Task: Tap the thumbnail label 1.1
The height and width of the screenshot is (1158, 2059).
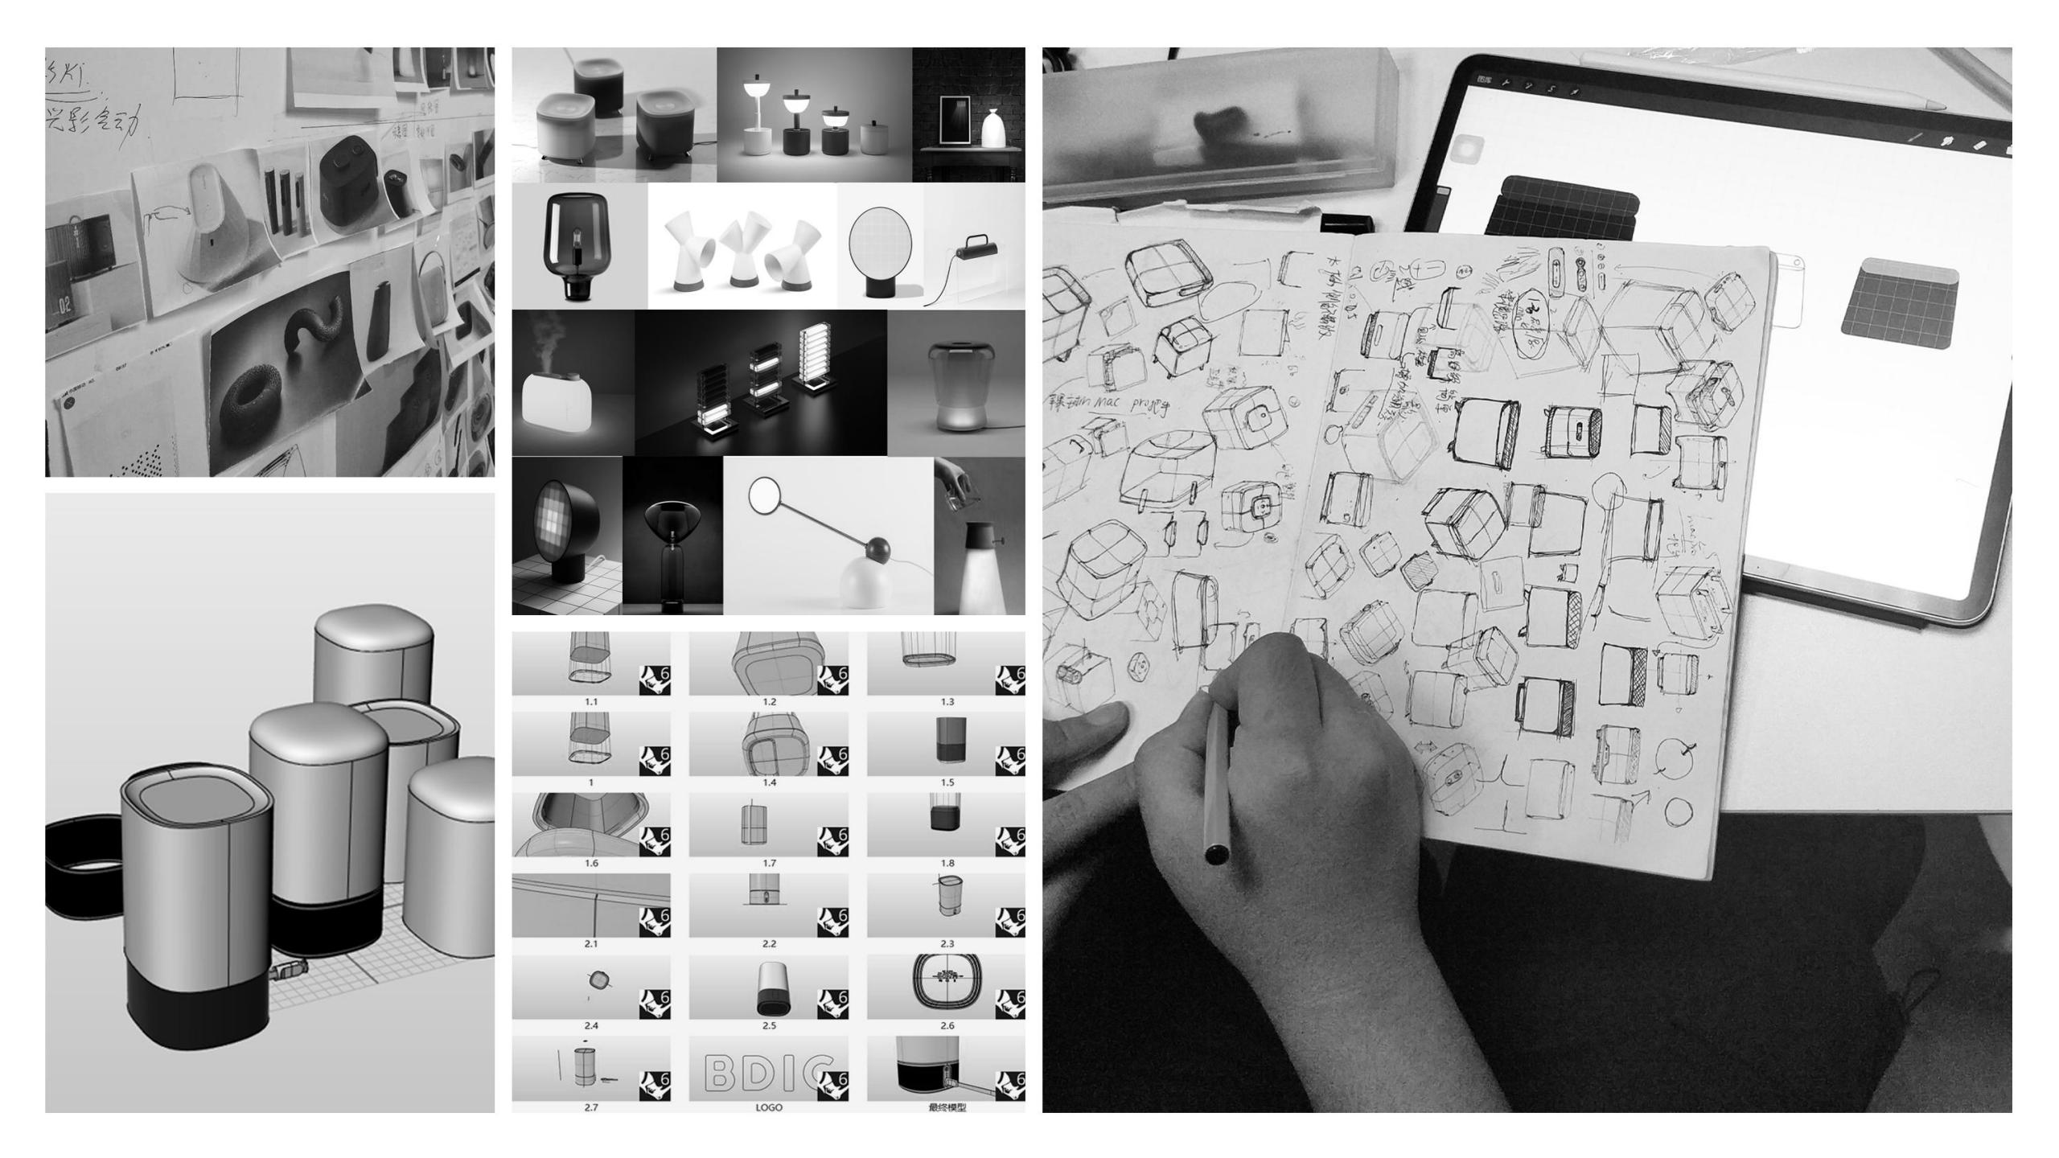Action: tap(591, 702)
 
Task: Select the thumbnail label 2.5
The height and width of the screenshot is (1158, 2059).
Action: tap(769, 1025)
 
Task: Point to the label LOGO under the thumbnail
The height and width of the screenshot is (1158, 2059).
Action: tap(769, 1107)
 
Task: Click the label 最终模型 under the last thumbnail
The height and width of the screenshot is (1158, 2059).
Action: tap(947, 1107)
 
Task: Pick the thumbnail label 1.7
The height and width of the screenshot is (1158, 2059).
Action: tap(769, 863)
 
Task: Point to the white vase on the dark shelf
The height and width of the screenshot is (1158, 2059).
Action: tap(995, 129)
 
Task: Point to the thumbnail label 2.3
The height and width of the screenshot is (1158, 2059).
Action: tap(947, 943)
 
